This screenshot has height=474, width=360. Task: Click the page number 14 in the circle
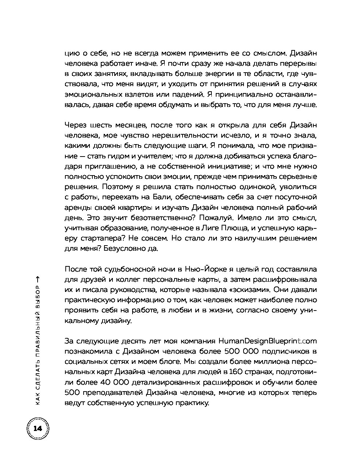[x=38, y=428]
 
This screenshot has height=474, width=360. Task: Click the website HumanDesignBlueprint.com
[x=268, y=341]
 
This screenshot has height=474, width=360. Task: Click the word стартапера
[x=98, y=239]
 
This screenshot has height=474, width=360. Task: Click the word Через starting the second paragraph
[x=76, y=125]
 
